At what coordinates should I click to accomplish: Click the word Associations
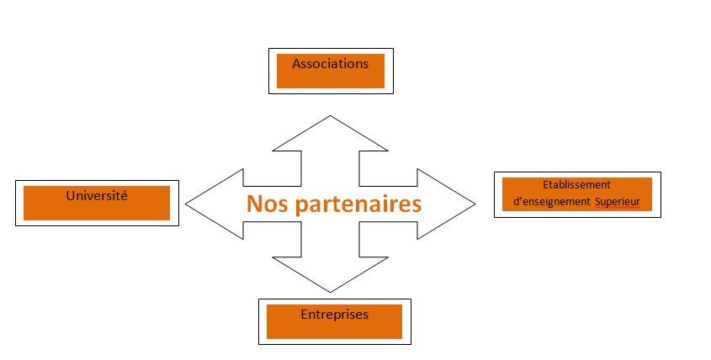[x=330, y=64]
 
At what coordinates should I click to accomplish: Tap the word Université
[x=97, y=195]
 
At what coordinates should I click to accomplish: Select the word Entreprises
[x=334, y=314]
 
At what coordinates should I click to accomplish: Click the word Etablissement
[x=577, y=184]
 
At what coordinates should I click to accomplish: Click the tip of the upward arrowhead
[x=330, y=117]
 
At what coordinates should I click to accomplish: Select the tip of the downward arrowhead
[x=330, y=291]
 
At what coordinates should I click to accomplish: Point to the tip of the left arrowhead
[x=186, y=204]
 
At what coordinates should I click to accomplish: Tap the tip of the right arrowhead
[x=475, y=204]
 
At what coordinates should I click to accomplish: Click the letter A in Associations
[x=296, y=64]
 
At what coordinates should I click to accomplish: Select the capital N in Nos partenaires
[x=254, y=204]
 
